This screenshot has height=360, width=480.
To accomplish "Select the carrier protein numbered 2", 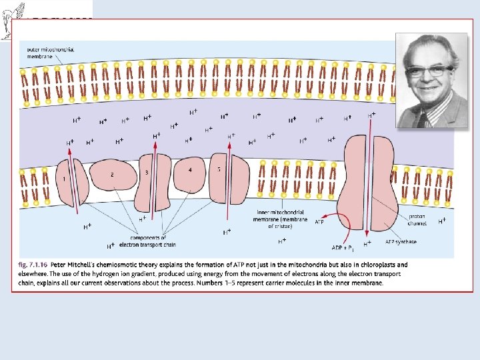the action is [x=113, y=177].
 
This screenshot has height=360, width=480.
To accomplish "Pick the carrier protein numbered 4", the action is [x=189, y=174].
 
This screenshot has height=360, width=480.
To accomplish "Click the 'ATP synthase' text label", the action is [x=401, y=241].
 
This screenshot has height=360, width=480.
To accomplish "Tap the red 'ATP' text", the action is [x=319, y=222].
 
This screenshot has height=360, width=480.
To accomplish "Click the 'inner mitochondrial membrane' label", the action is [x=282, y=219].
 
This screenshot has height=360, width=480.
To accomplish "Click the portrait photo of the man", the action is [x=431, y=79].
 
